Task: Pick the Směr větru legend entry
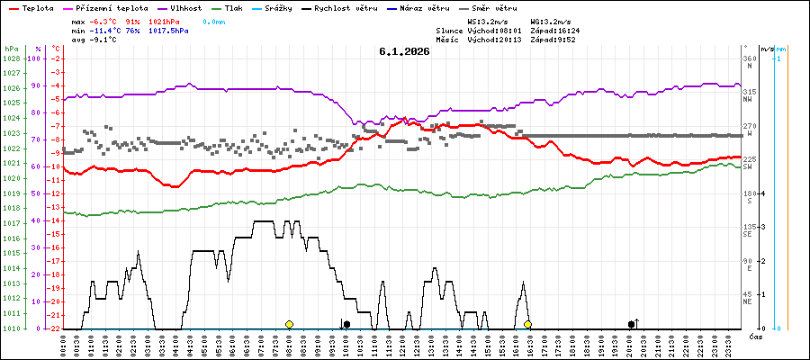(494, 7)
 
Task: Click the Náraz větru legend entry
(425, 7)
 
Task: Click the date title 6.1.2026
(404, 51)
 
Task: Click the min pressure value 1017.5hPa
(168, 30)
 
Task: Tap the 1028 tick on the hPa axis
(11, 58)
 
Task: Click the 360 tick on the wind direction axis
(748, 58)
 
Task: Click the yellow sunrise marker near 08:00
(289, 324)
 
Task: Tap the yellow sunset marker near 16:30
(528, 324)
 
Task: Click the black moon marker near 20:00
(631, 324)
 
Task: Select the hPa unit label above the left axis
(11, 48)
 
